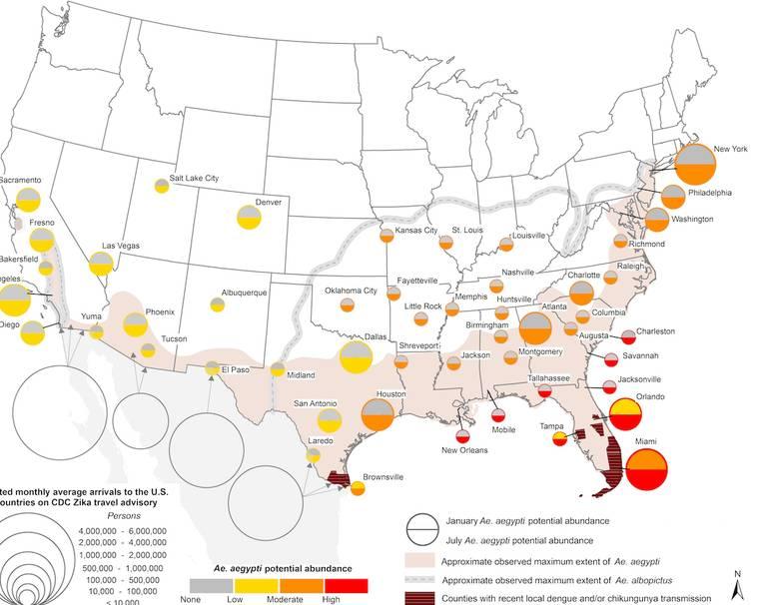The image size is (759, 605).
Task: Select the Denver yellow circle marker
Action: pos(249,217)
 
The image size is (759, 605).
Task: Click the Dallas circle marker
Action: pos(357,356)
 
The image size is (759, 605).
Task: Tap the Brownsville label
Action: pos(382,477)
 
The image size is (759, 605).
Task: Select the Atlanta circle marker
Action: pos(534,329)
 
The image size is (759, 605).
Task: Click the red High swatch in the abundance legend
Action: pos(347,585)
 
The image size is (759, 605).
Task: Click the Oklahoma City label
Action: pos(351,292)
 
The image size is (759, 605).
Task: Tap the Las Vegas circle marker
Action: pos(101,264)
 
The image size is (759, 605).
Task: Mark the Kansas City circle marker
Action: pos(386,237)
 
